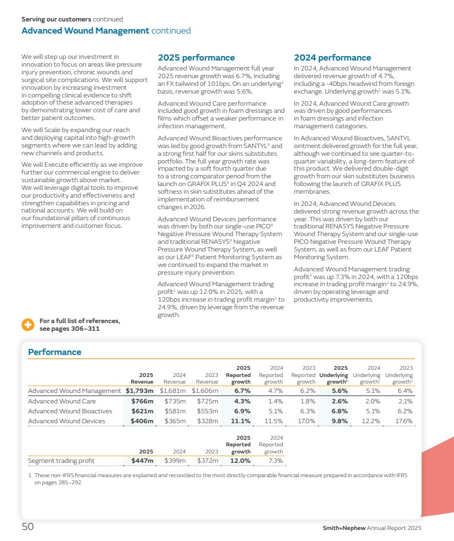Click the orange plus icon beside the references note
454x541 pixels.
click(28, 324)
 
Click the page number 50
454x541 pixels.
click(28, 527)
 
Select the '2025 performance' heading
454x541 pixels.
click(196, 58)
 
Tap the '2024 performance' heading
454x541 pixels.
click(332, 58)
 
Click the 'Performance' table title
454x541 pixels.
click(54, 352)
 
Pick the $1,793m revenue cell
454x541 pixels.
click(139, 391)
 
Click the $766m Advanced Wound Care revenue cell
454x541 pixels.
click(142, 401)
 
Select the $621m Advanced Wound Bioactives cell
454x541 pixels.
click(142, 411)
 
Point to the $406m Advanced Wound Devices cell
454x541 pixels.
click(142, 421)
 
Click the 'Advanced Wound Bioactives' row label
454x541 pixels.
click(70, 411)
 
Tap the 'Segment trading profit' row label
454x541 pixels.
click(61, 461)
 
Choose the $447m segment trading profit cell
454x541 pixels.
click(142, 461)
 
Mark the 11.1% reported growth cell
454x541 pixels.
click(240, 421)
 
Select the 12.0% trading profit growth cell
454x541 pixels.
click(240, 461)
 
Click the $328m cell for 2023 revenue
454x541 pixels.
click(207, 421)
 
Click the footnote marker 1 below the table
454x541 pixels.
click(29, 474)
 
